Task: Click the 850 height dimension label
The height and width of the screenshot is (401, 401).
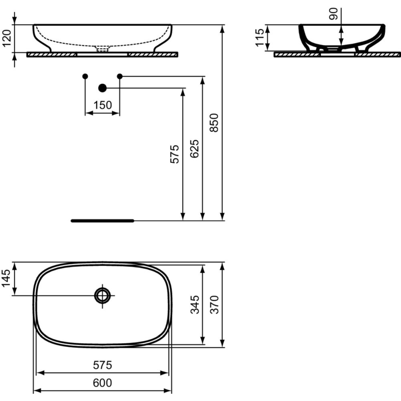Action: click(x=214, y=123)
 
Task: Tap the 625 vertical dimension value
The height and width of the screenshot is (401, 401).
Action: click(x=194, y=149)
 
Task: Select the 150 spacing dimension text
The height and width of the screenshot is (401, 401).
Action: click(x=103, y=105)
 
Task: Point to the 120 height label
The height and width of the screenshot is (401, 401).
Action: click(x=7, y=38)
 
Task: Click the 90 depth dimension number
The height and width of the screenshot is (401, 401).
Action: click(x=334, y=14)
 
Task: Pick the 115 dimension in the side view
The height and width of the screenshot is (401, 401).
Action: click(x=259, y=38)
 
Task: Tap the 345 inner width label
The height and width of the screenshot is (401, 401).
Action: click(x=195, y=305)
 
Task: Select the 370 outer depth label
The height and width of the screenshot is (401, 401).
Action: click(x=214, y=305)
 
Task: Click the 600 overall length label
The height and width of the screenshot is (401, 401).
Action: click(x=102, y=383)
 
